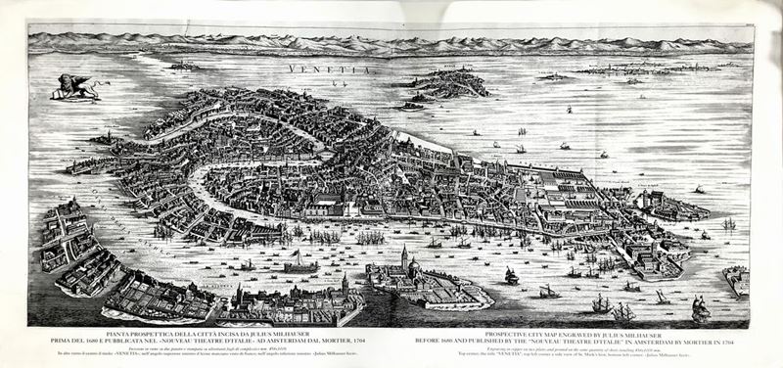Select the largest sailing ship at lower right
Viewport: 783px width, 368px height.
coord(700,310)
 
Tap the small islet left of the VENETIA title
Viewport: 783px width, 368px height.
coord(185,67)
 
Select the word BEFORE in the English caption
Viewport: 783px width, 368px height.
coord(439,342)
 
